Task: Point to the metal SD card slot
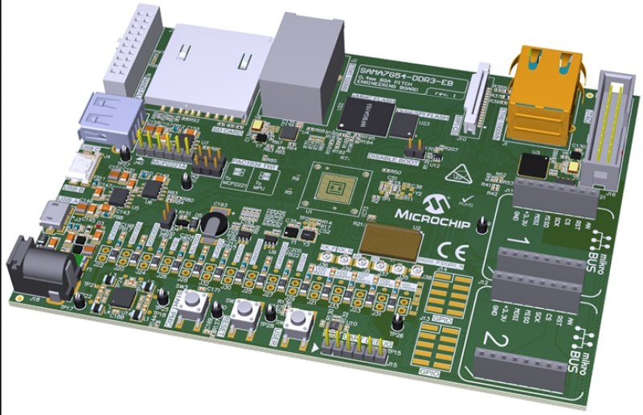pos(212,68)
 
